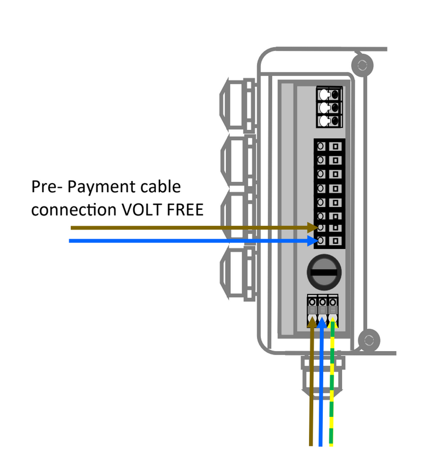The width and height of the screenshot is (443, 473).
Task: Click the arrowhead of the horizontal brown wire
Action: [312, 227]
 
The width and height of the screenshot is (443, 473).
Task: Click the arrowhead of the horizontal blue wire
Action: [312, 241]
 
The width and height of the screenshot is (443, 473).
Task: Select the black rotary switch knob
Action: [324, 272]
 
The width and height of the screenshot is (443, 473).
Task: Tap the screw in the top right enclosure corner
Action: [361, 62]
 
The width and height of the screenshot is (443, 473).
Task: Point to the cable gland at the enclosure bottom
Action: [322, 374]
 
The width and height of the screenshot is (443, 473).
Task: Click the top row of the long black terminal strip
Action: [328, 146]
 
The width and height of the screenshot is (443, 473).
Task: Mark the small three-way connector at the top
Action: [329, 108]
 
